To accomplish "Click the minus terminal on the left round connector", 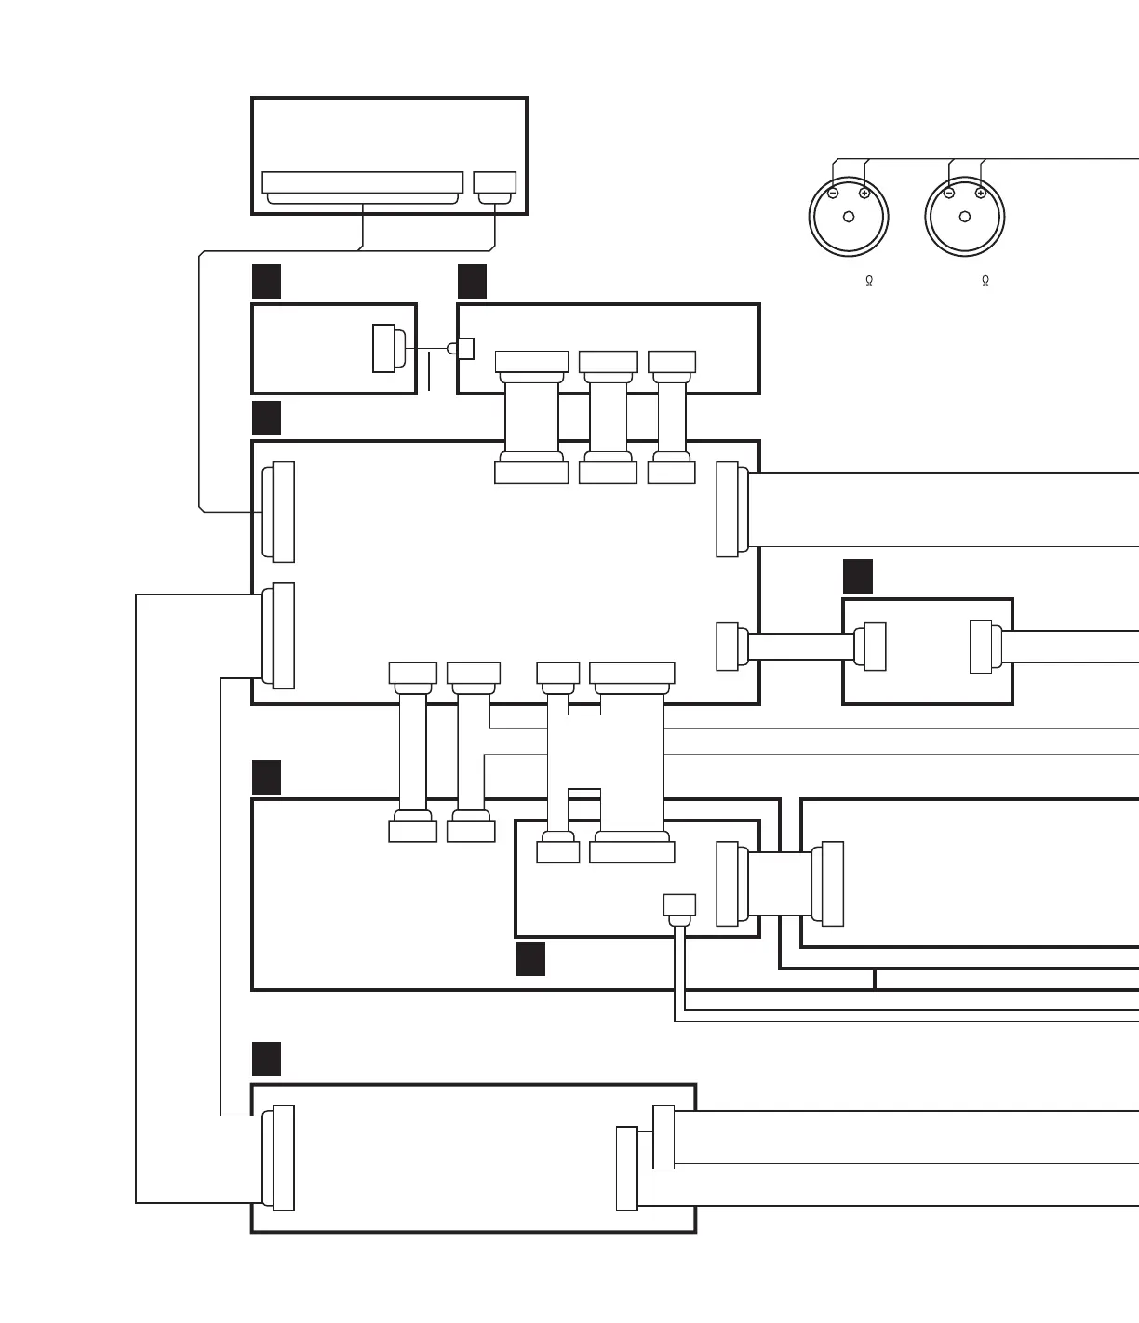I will pos(833,194).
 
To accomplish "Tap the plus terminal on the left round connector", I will pos(864,194).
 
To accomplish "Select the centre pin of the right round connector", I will pos(965,218).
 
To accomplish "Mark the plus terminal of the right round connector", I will pos(981,194).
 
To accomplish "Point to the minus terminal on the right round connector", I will pos(949,194).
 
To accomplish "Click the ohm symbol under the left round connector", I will pos(869,280).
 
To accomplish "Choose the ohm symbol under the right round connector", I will pos(985,280).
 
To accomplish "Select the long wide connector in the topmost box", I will pos(363,183).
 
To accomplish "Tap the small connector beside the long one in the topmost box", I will pos(495,183).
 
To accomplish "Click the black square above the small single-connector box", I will pos(267,281).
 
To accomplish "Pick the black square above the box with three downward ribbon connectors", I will pos(473,281).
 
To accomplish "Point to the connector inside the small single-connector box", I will pos(384,348).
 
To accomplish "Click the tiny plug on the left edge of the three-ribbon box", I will pos(464,348).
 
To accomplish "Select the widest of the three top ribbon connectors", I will pos(532,362).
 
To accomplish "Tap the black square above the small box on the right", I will pos(858,576).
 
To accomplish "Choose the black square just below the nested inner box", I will pos(530,959).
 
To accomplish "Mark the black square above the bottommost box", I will pos(267,1059).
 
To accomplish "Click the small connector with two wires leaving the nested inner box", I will pos(679,905).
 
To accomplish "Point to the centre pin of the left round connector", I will pos(849,218).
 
